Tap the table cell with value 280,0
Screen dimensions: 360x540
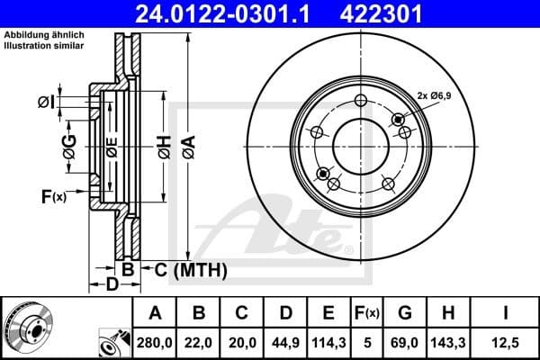[x=155, y=342]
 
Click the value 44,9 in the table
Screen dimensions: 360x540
[x=285, y=342]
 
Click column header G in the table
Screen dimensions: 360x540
[x=405, y=313]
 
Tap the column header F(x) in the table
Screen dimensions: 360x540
[x=366, y=313]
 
